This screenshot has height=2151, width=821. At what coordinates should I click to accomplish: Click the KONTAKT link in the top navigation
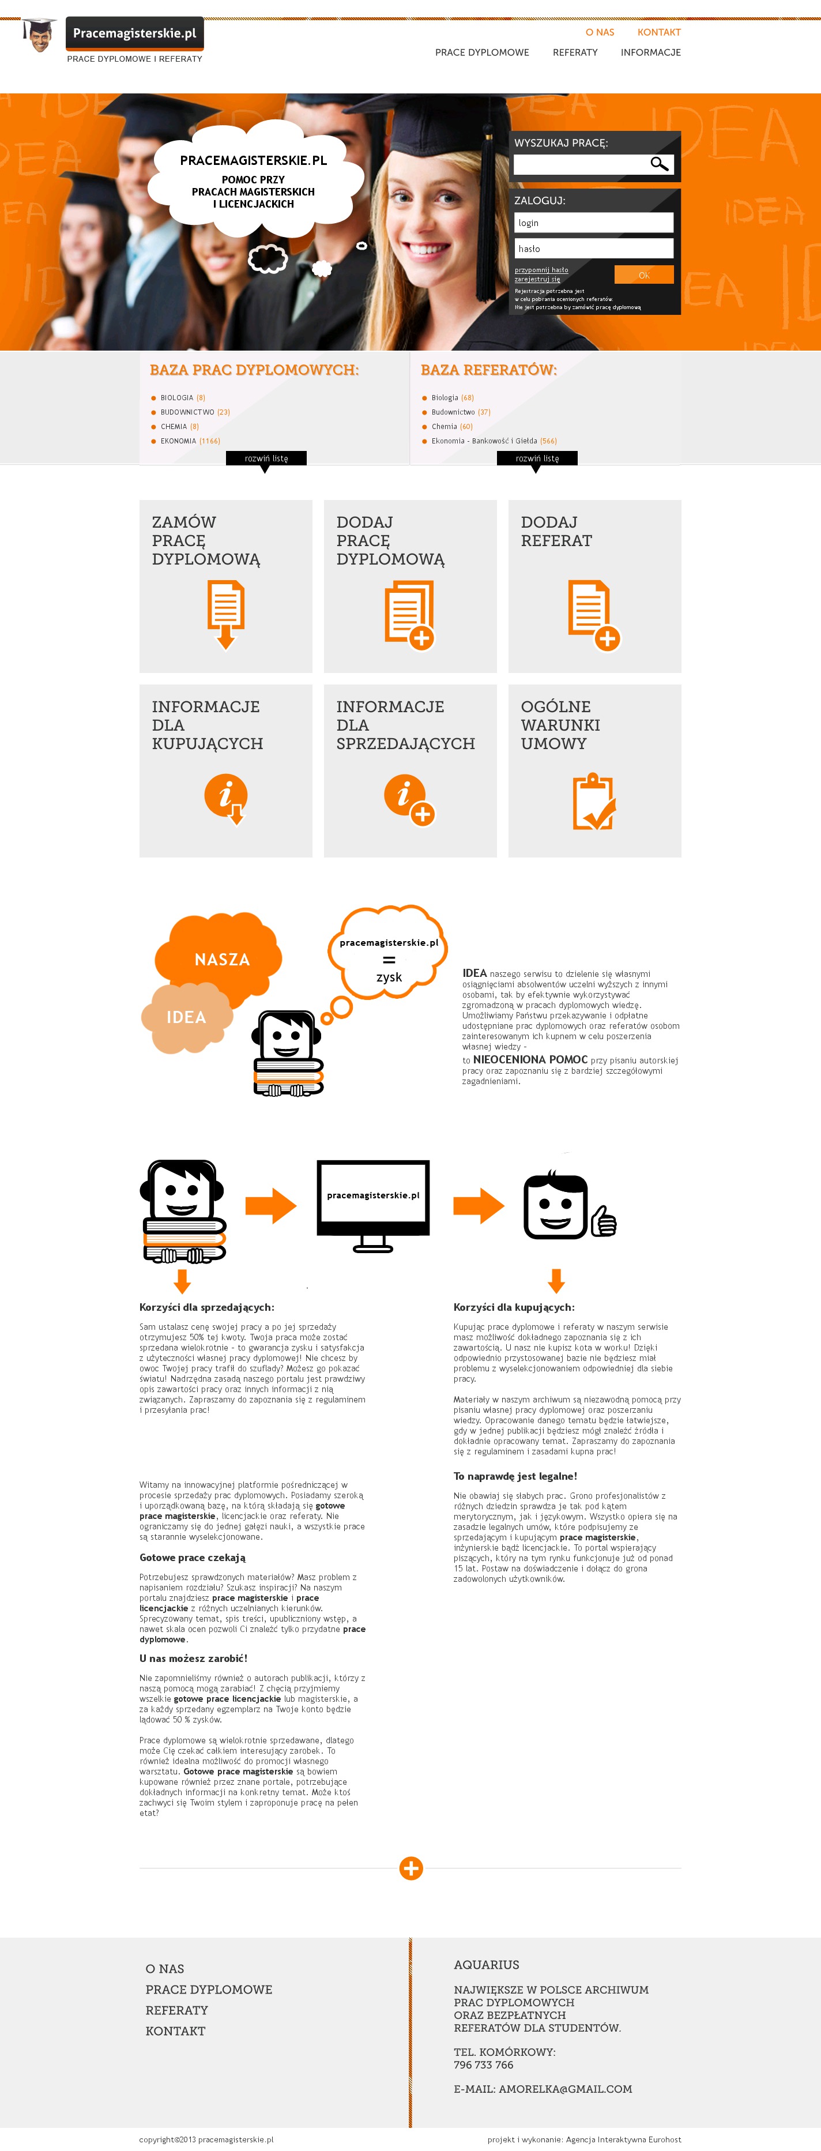pos(658,32)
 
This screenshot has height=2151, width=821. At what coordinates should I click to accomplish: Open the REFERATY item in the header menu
pos(575,52)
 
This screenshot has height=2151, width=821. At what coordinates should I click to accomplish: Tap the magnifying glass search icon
pos(659,164)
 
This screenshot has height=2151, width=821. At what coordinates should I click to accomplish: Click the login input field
pos(593,223)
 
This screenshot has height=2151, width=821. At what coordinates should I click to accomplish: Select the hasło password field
pos(593,249)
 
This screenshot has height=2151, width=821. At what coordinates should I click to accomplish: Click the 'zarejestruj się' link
pos(537,280)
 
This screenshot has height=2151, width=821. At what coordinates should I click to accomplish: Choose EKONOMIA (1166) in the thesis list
pos(190,441)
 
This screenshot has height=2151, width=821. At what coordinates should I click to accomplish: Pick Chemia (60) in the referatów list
pos(451,427)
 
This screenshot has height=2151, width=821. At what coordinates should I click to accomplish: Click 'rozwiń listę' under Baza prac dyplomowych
pos(266,458)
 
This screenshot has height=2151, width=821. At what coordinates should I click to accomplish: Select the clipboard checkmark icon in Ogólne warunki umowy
pos(594,802)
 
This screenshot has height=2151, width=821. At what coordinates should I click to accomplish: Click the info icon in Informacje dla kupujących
pos(225,798)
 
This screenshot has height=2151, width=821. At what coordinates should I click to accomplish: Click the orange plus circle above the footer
pos(411,1868)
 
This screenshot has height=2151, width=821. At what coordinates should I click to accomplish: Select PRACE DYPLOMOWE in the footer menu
pos(209,1989)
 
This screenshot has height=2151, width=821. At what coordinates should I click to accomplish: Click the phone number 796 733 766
pos(484,2064)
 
